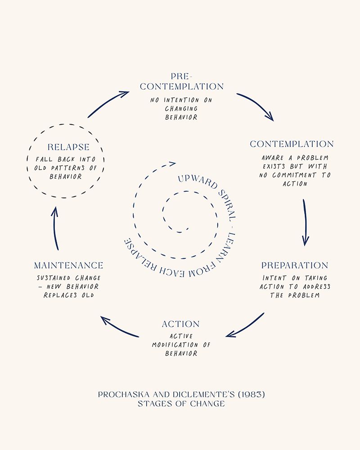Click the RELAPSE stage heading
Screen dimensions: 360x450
pos(68,147)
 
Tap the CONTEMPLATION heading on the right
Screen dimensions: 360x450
pos(292,144)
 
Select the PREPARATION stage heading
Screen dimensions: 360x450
pos(295,265)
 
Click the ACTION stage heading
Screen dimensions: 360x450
pos(180,324)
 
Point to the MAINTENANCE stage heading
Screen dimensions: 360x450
pos(68,265)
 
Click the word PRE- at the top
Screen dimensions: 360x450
pos(181,76)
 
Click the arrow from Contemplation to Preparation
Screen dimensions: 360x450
pos(305,222)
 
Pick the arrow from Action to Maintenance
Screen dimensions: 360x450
pos(118,328)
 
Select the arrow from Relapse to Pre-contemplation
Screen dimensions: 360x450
pos(108,103)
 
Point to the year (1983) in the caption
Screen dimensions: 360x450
pos(251,395)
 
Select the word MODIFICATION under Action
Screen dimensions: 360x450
pos(175,345)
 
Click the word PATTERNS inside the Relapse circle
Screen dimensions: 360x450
pos(68,168)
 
